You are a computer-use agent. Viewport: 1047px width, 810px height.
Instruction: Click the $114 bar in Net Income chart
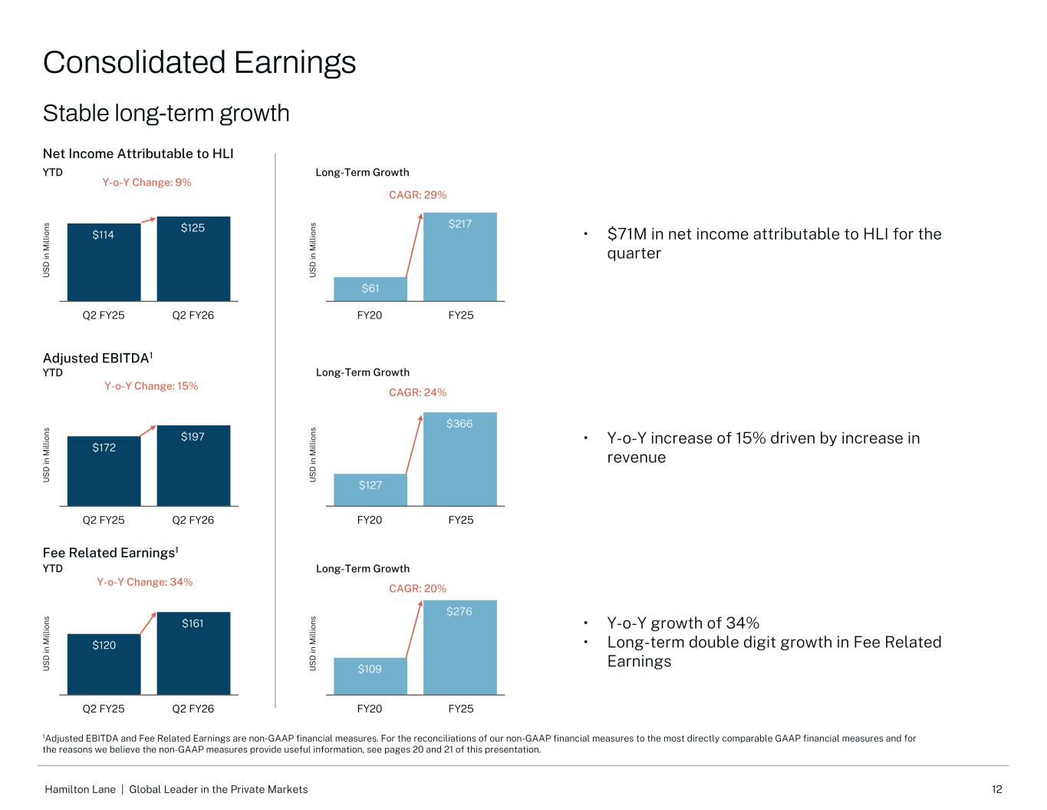point(104,262)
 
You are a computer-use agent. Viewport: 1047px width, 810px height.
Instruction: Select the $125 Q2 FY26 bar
point(193,259)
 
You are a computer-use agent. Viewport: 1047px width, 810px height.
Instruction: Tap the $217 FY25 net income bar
point(460,256)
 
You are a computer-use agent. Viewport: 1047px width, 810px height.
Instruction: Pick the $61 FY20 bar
point(370,289)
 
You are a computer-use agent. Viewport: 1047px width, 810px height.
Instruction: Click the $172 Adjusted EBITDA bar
point(104,471)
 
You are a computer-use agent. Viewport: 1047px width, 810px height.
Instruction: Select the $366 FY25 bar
point(460,459)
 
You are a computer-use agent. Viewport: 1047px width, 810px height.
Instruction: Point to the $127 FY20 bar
point(370,490)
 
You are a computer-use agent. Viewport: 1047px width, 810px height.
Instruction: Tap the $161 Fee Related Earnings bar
point(193,653)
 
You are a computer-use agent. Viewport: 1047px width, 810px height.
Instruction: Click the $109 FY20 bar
point(370,676)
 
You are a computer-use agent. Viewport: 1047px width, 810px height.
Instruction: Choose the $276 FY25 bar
point(460,647)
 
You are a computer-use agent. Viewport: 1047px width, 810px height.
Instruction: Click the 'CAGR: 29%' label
point(417,195)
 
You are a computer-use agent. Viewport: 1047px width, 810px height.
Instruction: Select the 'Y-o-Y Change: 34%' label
point(144,582)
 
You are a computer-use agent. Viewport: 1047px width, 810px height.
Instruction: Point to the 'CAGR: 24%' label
point(417,392)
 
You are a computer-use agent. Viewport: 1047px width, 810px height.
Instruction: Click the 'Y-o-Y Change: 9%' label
point(147,182)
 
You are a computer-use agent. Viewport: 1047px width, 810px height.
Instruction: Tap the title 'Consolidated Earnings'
point(199,62)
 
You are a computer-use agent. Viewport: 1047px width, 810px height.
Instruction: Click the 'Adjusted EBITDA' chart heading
point(97,359)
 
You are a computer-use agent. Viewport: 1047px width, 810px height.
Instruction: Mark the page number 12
point(996,789)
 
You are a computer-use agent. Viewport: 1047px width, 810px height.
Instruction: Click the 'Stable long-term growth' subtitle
point(166,114)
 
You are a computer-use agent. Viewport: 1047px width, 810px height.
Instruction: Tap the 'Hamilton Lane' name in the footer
point(81,789)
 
